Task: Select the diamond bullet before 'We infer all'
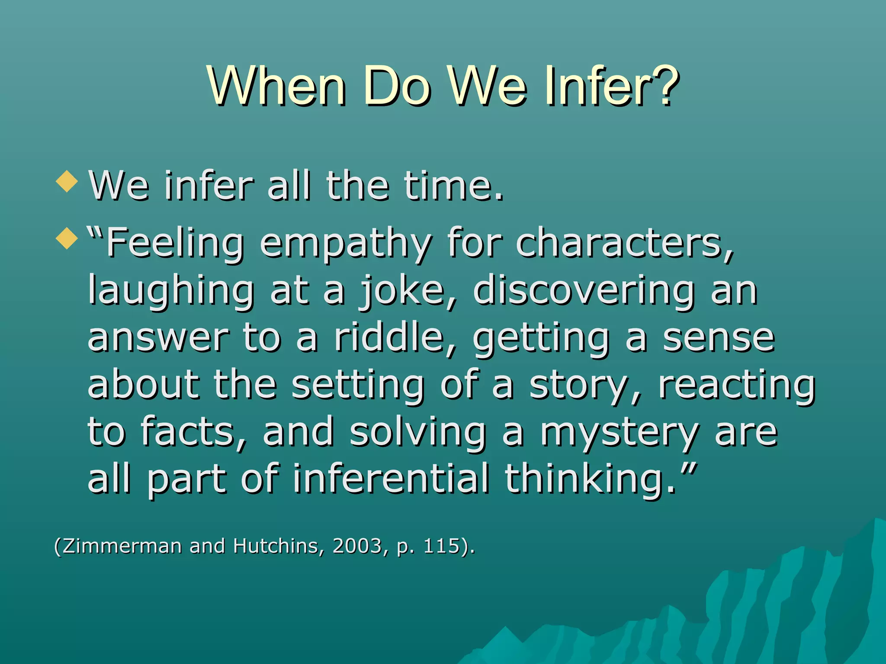[x=67, y=181]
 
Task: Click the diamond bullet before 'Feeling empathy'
[x=67, y=238]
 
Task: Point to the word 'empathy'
[x=346, y=245]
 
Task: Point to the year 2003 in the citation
[x=357, y=546]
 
